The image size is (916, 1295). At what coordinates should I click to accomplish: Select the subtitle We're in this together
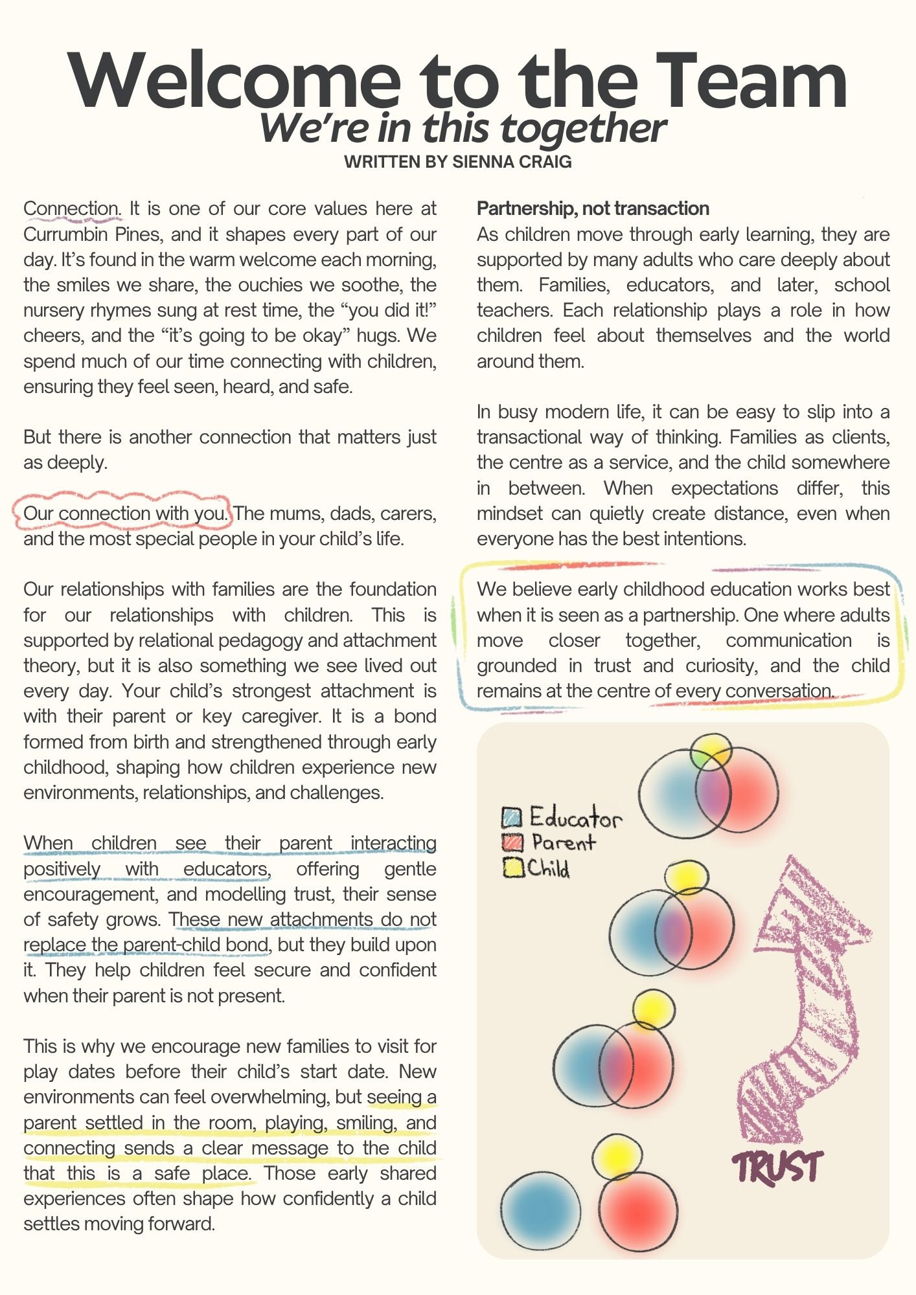pyautogui.click(x=462, y=128)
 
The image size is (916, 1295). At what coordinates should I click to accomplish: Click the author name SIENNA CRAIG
pyautogui.click(x=512, y=162)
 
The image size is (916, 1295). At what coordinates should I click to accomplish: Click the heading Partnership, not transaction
pyautogui.click(x=593, y=208)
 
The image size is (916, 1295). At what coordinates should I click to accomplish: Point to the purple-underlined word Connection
pyautogui.click(x=71, y=208)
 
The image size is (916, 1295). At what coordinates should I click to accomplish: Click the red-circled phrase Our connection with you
pyautogui.click(x=126, y=513)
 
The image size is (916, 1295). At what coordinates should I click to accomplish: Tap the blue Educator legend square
pyautogui.click(x=511, y=817)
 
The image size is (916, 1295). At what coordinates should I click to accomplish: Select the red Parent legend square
pyautogui.click(x=512, y=842)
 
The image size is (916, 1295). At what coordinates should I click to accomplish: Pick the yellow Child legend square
pyautogui.click(x=512, y=868)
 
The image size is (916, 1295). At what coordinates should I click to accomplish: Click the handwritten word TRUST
pyautogui.click(x=777, y=1167)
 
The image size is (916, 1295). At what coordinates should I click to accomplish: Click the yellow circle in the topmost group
pyautogui.click(x=711, y=751)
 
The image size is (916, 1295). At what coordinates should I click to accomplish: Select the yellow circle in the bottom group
pyautogui.click(x=617, y=1156)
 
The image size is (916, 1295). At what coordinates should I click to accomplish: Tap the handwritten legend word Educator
pyautogui.click(x=575, y=818)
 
